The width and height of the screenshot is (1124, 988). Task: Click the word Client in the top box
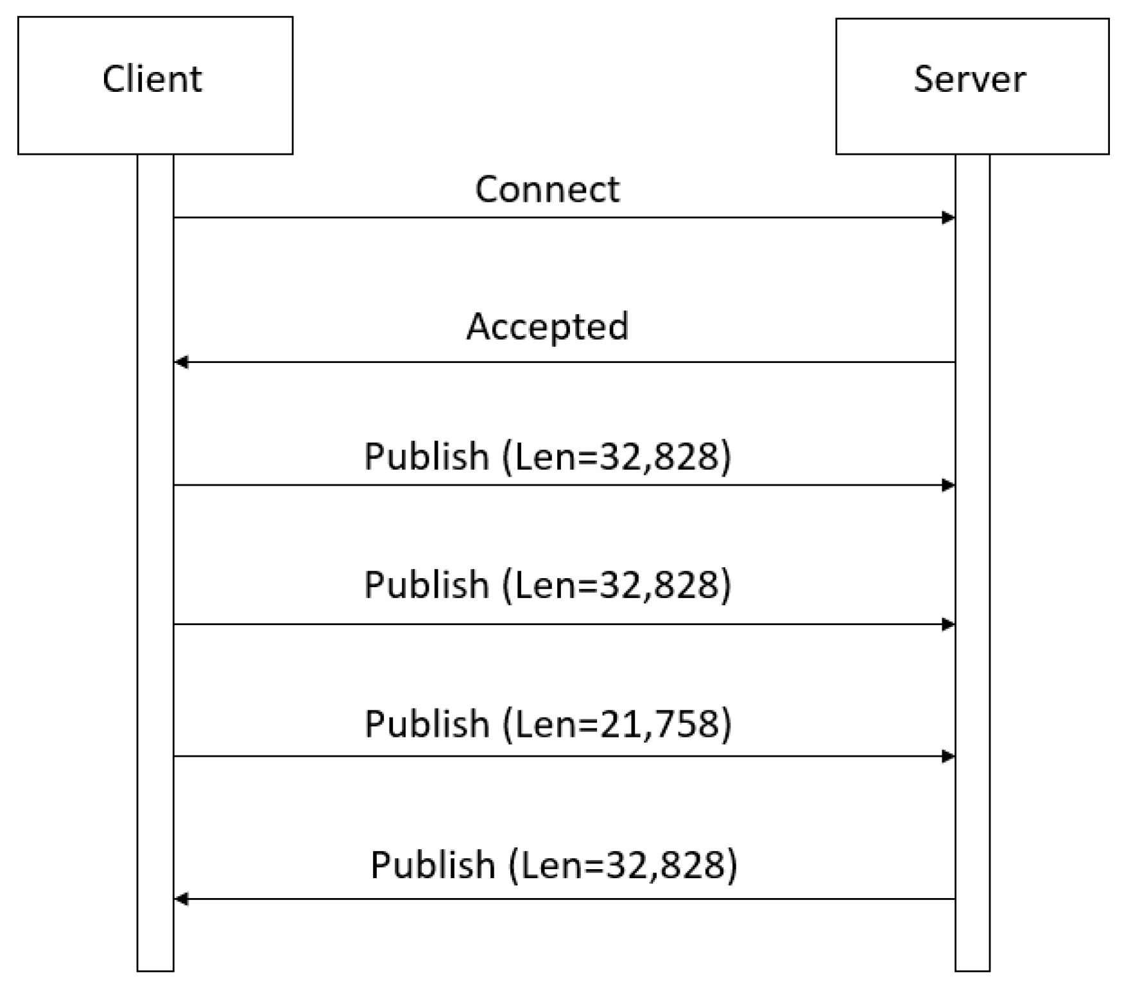coord(152,80)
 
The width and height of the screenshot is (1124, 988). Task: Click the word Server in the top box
coord(969,80)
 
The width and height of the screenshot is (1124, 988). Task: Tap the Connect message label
coord(547,190)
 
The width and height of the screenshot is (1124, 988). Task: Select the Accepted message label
coord(547,326)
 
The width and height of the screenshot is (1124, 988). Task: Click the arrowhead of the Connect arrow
coord(948,218)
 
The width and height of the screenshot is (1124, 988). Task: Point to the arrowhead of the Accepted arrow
coord(182,362)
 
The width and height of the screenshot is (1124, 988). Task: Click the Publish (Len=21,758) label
coord(548,724)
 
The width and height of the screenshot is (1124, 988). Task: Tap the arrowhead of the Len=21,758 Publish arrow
coord(948,757)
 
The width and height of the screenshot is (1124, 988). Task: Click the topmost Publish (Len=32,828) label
coord(548,457)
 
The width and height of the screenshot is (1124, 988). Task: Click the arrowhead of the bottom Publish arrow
coord(182,899)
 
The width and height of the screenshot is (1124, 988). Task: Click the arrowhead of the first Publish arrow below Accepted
coord(948,485)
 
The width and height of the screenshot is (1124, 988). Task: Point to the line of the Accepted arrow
coord(565,362)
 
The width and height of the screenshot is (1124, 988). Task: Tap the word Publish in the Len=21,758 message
coord(427,724)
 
